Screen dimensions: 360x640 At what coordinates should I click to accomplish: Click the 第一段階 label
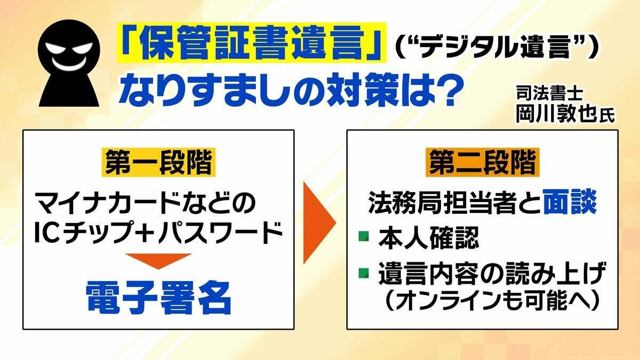pos(157,164)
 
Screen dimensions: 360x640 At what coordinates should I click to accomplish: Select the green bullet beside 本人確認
pos(363,235)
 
